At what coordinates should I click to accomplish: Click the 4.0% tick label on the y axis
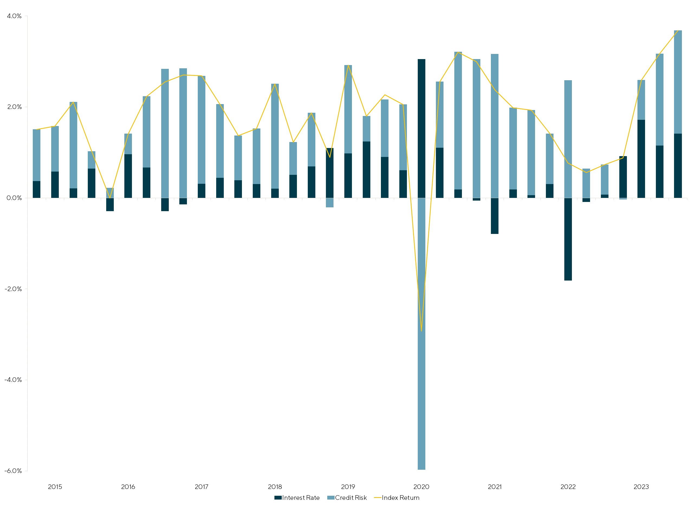tap(14, 16)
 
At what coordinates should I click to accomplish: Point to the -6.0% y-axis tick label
tap(13, 471)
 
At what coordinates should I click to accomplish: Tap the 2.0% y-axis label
tap(14, 107)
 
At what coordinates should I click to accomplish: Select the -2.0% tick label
tap(13, 289)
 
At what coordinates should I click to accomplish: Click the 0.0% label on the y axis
tap(14, 198)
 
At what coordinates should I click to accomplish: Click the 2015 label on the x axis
tap(55, 487)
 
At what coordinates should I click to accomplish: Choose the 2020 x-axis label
tap(421, 487)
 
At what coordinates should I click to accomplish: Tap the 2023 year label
tap(641, 487)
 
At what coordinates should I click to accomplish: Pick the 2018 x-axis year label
tap(275, 487)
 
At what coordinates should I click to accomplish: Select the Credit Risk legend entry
tap(347, 498)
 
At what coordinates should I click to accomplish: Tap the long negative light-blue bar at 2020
tap(421, 334)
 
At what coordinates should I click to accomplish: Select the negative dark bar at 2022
tap(568, 239)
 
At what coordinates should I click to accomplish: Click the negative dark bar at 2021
tap(494, 216)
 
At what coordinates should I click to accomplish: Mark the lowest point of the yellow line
tap(421, 331)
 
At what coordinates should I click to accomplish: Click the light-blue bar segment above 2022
tap(568, 139)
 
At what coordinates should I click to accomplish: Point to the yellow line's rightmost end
tap(678, 31)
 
